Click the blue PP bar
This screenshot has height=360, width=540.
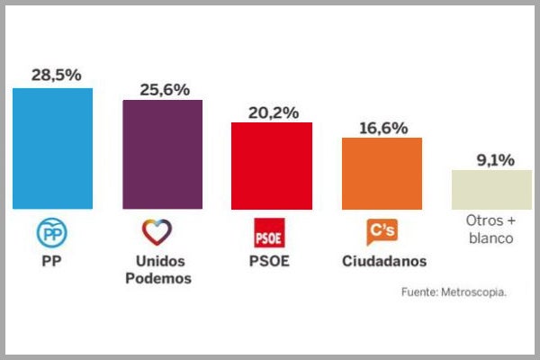click(x=53, y=148)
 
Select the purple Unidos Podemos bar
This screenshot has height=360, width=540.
click(x=162, y=154)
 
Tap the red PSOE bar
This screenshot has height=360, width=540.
click(x=272, y=166)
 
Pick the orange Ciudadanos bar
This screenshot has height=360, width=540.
click(x=382, y=174)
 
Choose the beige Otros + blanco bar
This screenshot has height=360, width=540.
click(x=490, y=189)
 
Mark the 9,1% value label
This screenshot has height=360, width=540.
click(x=493, y=160)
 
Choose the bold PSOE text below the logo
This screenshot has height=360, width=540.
click(x=271, y=262)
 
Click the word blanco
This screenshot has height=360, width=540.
click(x=490, y=238)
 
